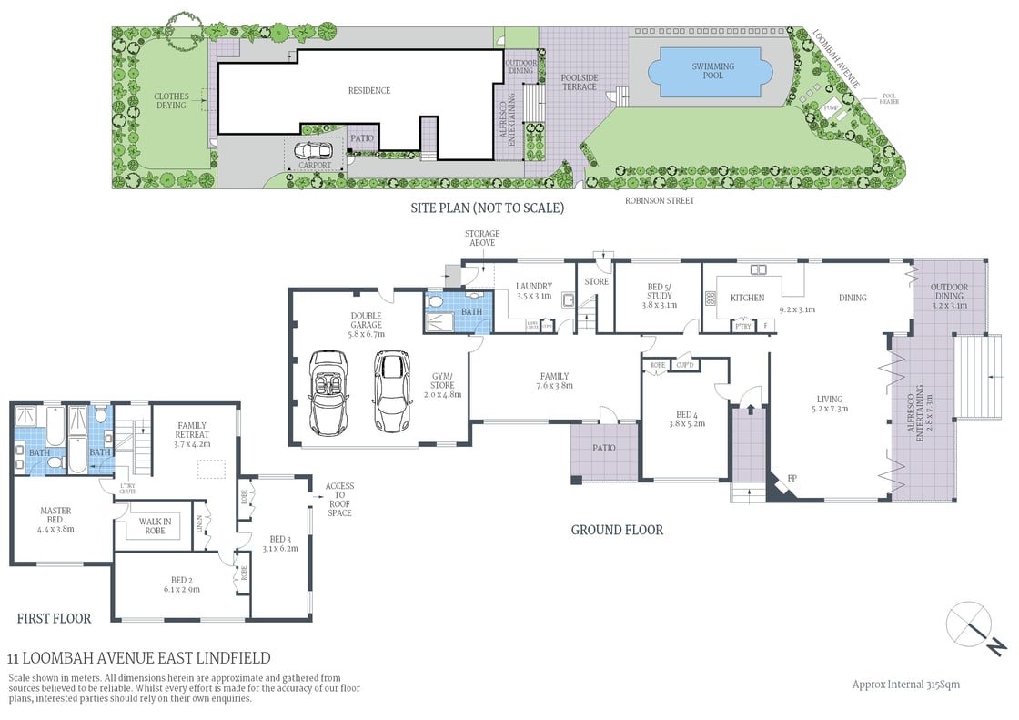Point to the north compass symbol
click(x=974, y=628)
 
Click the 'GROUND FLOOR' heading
click(x=616, y=530)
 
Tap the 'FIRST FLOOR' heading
click(x=54, y=619)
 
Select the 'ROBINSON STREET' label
click(x=659, y=200)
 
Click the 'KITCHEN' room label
click(x=747, y=298)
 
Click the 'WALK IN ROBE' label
click(x=155, y=526)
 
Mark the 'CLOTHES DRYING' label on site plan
click(x=170, y=100)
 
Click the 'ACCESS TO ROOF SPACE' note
click(x=339, y=500)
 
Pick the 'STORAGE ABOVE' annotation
click(x=481, y=238)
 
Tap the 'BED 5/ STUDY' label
click(x=660, y=290)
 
